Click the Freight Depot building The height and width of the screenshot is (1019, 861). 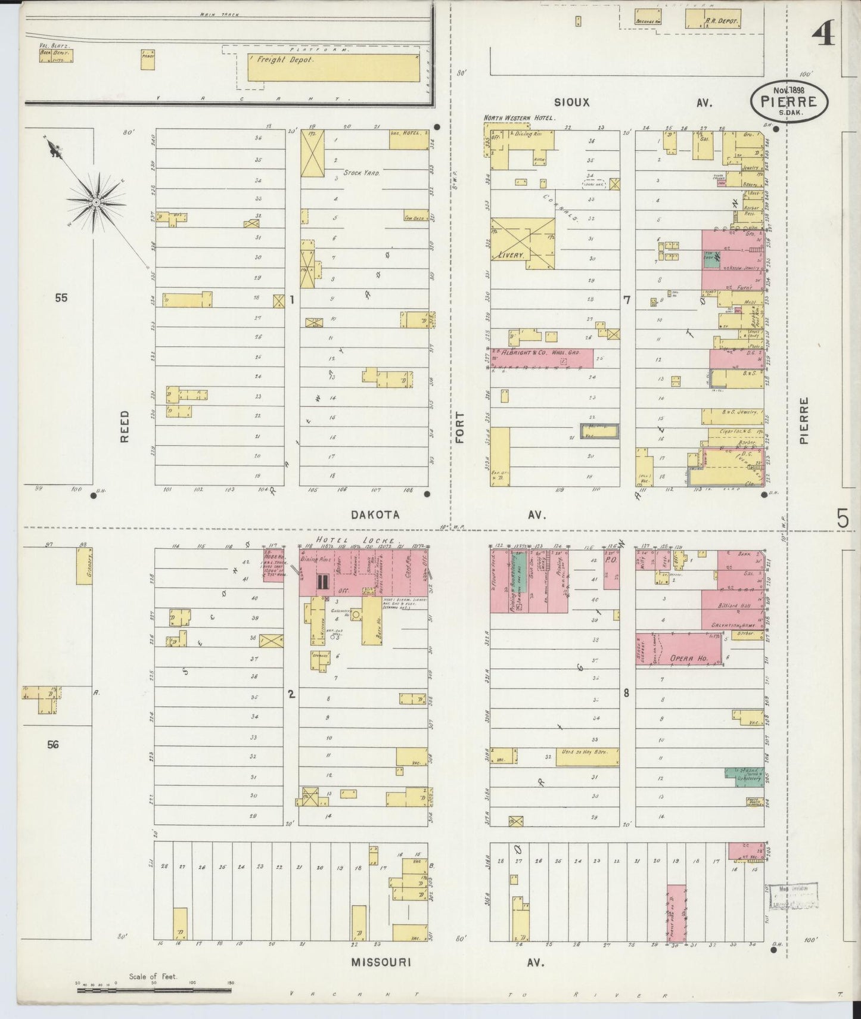[333, 67]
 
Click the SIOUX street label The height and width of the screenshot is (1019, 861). [571, 102]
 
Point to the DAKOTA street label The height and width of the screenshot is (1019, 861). [375, 515]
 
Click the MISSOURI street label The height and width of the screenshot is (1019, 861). [381, 962]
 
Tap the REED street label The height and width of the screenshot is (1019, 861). [125, 425]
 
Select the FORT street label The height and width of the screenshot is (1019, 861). [460, 427]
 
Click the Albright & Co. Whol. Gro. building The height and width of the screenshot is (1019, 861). [541, 358]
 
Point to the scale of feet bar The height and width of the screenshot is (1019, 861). [154, 990]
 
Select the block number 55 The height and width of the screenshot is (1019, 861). [61, 298]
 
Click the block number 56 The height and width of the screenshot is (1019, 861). [53, 744]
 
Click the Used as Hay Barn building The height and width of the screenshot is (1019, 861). [587, 756]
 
